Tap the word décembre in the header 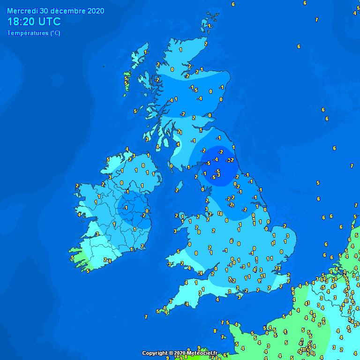point(67,11)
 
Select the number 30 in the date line point(44,11)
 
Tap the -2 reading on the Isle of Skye point(157,80)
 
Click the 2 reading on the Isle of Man point(177,190)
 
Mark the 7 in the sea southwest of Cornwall point(146,317)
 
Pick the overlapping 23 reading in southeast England point(277,268)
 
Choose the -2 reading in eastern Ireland point(143,215)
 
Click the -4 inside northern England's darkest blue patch point(215,159)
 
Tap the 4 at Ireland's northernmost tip point(127,149)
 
